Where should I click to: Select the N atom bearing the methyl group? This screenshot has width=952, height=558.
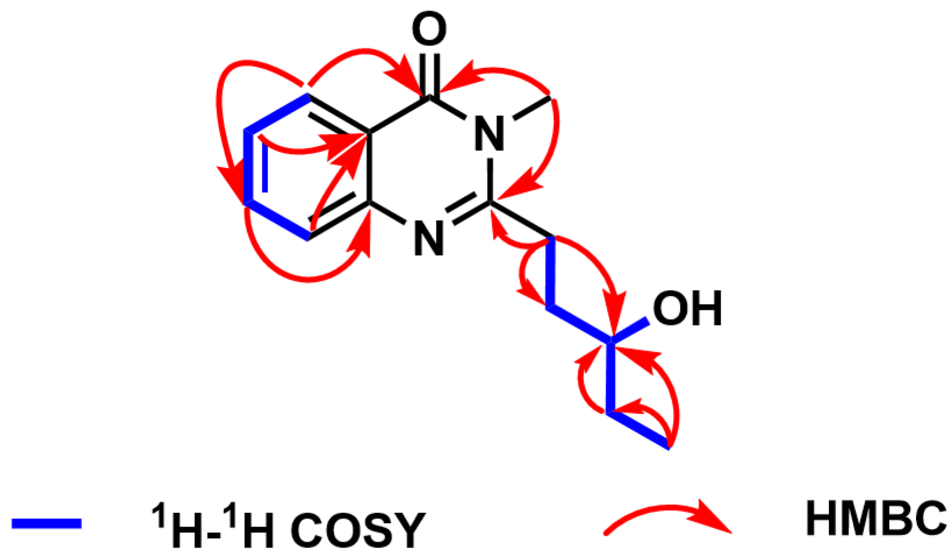489,134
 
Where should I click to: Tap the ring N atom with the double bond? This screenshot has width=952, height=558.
429,238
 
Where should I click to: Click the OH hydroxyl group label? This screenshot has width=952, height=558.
687,309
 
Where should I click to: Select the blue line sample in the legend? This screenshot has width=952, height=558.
46,524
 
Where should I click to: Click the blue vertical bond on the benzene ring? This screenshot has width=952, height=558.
249,166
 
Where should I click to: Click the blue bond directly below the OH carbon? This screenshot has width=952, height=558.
610,378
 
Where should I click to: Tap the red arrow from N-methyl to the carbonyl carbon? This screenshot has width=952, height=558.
500,72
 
